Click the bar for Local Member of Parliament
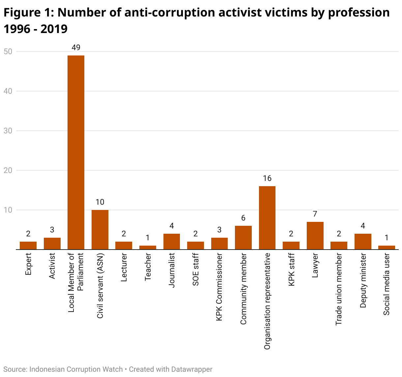(76, 152)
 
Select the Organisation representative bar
(267, 218)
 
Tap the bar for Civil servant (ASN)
(100, 230)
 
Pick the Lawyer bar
(315, 236)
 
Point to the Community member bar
(243, 238)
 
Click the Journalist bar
(172, 242)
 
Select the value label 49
(76, 48)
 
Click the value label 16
(267, 179)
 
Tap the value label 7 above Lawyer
(315, 214)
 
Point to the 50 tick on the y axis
(8, 51)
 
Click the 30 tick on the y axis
(8, 131)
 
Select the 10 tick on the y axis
(8, 210)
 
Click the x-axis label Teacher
(148, 267)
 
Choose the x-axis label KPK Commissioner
(219, 287)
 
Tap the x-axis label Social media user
(387, 284)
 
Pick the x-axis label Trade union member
(339, 289)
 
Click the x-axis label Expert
(28, 264)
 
